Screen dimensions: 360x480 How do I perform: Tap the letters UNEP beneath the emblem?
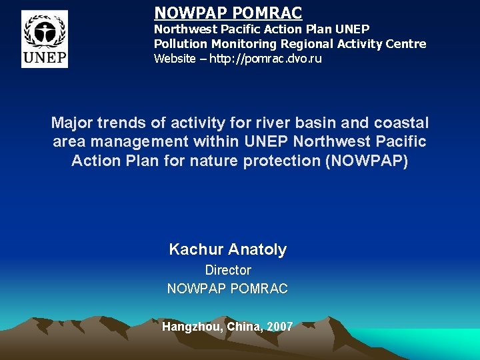[45, 58]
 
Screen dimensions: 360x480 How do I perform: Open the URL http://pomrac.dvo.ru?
[265, 59]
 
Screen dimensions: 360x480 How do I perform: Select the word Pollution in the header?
[181, 44]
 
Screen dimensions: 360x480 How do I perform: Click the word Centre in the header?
[403, 44]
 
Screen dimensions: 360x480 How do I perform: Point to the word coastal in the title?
[402, 123]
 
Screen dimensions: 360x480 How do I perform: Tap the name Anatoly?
[257, 250]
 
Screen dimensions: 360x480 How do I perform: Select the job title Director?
[228, 270]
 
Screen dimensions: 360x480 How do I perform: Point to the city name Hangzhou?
[191, 327]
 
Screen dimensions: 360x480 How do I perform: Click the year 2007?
[279, 327]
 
